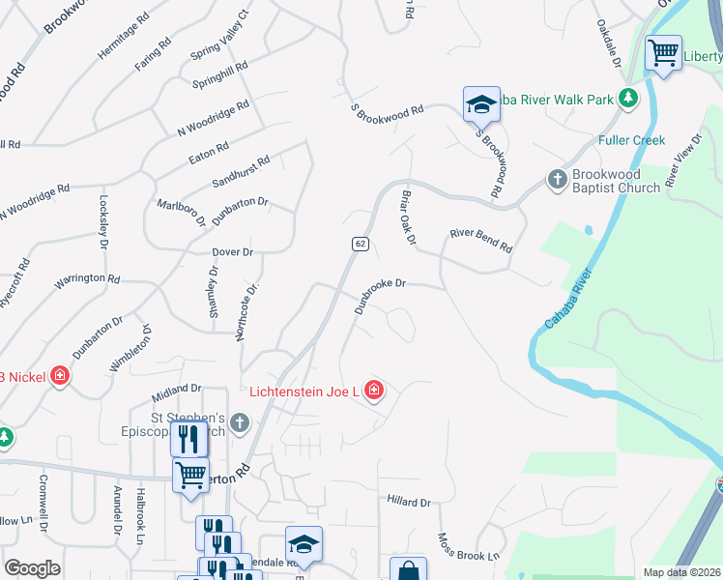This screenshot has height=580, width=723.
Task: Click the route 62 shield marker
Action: click(x=360, y=244)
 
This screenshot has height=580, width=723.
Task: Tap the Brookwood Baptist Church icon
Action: click(x=557, y=179)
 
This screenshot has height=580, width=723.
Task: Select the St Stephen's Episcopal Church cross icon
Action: click(x=239, y=422)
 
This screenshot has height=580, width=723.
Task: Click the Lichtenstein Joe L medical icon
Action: click(x=374, y=391)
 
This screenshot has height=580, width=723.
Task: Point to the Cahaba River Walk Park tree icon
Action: click(x=628, y=99)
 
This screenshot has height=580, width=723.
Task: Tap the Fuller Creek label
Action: click(x=631, y=140)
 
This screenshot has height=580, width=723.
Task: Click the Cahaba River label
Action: click(x=566, y=295)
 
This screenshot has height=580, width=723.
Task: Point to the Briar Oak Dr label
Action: click(x=407, y=216)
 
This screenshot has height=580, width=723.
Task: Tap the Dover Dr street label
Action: click(x=232, y=252)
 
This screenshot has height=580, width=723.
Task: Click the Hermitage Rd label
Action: click(x=123, y=37)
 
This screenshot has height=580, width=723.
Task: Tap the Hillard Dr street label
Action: click(x=408, y=502)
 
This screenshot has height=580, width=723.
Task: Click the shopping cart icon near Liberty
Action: click(x=663, y=53)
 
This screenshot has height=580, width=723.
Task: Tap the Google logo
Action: click(x=32, y=568)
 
